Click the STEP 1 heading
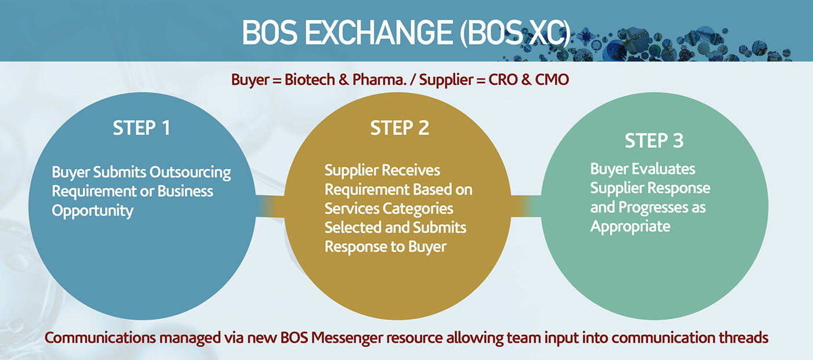coord(142,128)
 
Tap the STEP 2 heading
coord(400,128)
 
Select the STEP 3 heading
coord(654,141)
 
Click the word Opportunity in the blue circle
coord(92,211)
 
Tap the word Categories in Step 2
coord(418,208)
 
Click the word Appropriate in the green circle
coord(631,227)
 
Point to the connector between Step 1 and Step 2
coord(270,207)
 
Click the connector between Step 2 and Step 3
coord(526,206)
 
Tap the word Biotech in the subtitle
coord(310,80)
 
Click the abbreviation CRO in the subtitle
coord(503,80)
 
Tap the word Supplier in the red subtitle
coord(447,80)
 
